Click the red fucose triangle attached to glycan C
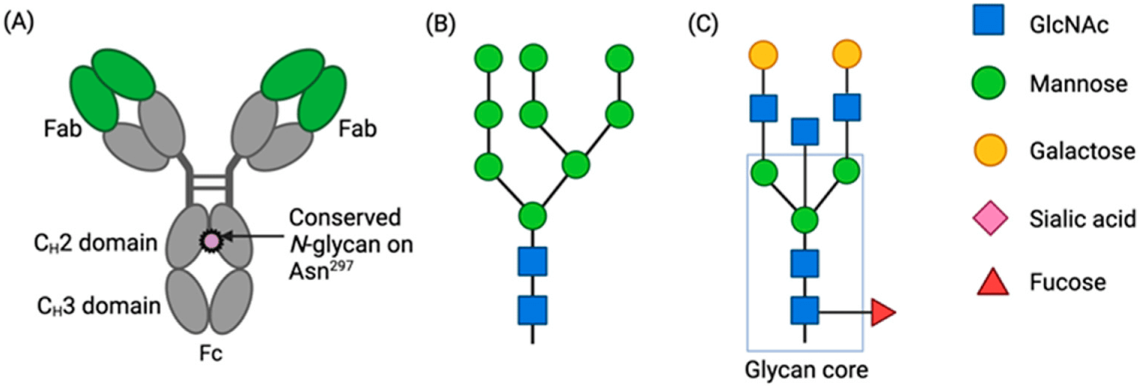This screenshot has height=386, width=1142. (x=881, y=312)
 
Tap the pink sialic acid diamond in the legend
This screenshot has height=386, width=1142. (x=990, y=218)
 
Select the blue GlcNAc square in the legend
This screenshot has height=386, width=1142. (x=988, y=20)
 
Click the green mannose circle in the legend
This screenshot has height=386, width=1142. (x=988, y=83)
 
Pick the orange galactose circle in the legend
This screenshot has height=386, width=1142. (x=990, y=150)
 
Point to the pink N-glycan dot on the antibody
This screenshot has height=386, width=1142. (x=211, y=241)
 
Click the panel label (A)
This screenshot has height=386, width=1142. (x=19, y=23)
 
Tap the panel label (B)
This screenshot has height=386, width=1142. (x=440, y=24)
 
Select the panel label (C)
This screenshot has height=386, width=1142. (x=703, y=24)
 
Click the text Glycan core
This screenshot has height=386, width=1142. (x=806, y=370)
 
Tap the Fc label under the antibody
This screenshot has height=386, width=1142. (x=211, y=353)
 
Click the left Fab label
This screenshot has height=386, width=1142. (x=62, y=128)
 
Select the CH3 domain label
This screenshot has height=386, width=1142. (x=99, y=305)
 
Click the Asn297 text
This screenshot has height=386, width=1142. (x=320, y=271)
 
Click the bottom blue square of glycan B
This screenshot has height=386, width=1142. (x=532, y=310)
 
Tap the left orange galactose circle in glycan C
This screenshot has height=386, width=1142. (x=763, y=54)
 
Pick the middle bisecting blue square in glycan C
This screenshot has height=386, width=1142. (x=805, y=131)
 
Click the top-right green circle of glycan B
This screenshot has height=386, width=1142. (x=619, y=59)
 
